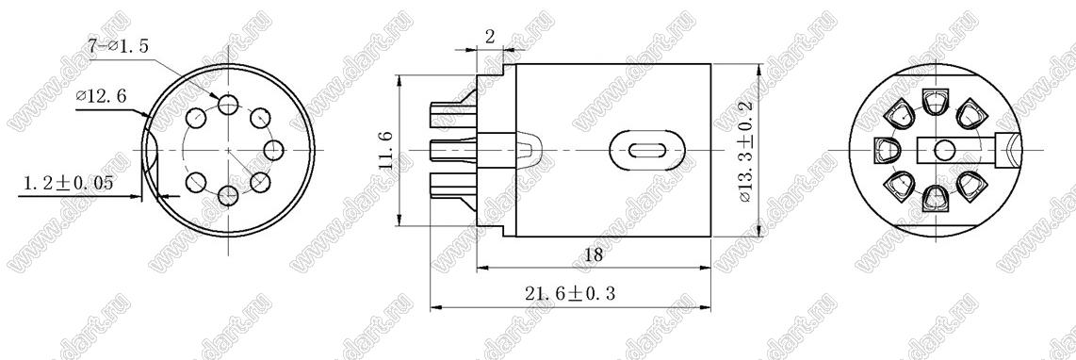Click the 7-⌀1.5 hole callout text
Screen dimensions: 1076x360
coord(118,47)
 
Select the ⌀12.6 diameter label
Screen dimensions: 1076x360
coord(101,97)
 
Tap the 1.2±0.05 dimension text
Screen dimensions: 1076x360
coord(68,184)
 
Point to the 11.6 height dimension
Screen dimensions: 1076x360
coord(386,151)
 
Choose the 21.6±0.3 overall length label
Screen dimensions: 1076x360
coord(570,294)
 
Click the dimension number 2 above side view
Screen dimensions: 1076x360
coord(489,37)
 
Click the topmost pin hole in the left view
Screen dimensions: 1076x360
coord(228,104)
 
